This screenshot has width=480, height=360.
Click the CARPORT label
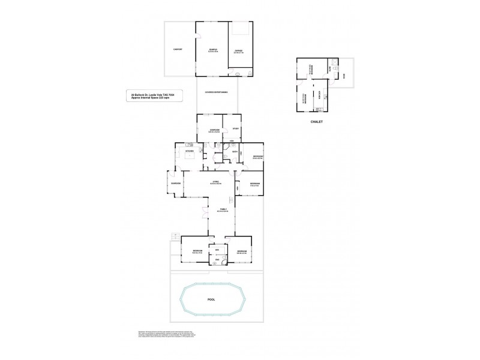point(178,49)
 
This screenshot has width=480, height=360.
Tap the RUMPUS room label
point(212,50)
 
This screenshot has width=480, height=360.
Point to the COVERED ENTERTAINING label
point(217,92)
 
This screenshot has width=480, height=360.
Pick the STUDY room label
point(236,128)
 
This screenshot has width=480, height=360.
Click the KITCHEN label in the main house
point(188,151)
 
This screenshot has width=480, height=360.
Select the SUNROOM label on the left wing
point(176,183)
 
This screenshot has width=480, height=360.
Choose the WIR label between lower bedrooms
point(217,250)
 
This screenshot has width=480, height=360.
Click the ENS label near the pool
point(217,259)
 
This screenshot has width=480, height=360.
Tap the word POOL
point(211,298)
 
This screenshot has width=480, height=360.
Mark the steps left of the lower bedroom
point(175,235)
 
